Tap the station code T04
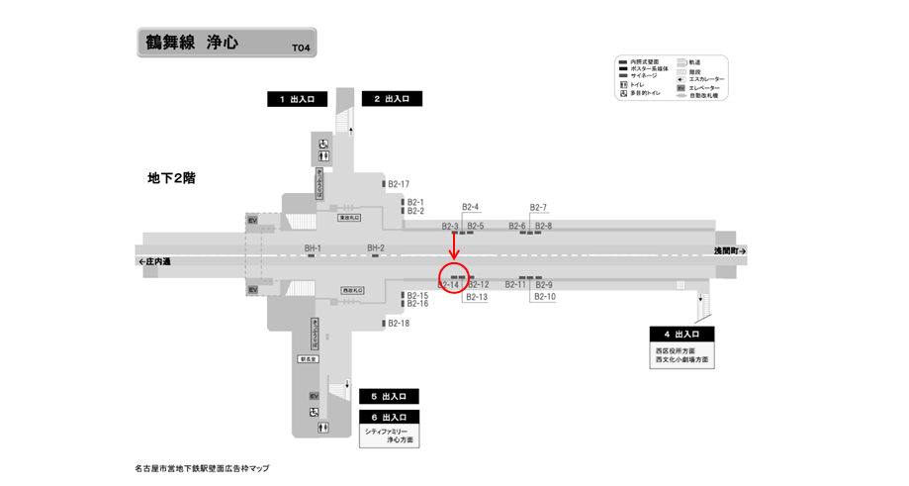tap(301, 48)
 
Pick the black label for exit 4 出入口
tap(682, 334)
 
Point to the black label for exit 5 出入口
tap(388, 396)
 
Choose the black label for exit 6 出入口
tap(388, 418)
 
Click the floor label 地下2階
tap(171, 178)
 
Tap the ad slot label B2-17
tap(399, 184)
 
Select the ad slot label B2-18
tap(399, 324)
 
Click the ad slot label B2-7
tap(539, 208)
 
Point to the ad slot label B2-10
tap(545, 297)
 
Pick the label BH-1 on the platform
tap(313, 247)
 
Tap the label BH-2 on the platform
tap(376, 247)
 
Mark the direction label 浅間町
tap(730, 252)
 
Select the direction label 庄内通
tap(155, 262)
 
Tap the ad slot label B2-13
tap(478, 297)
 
